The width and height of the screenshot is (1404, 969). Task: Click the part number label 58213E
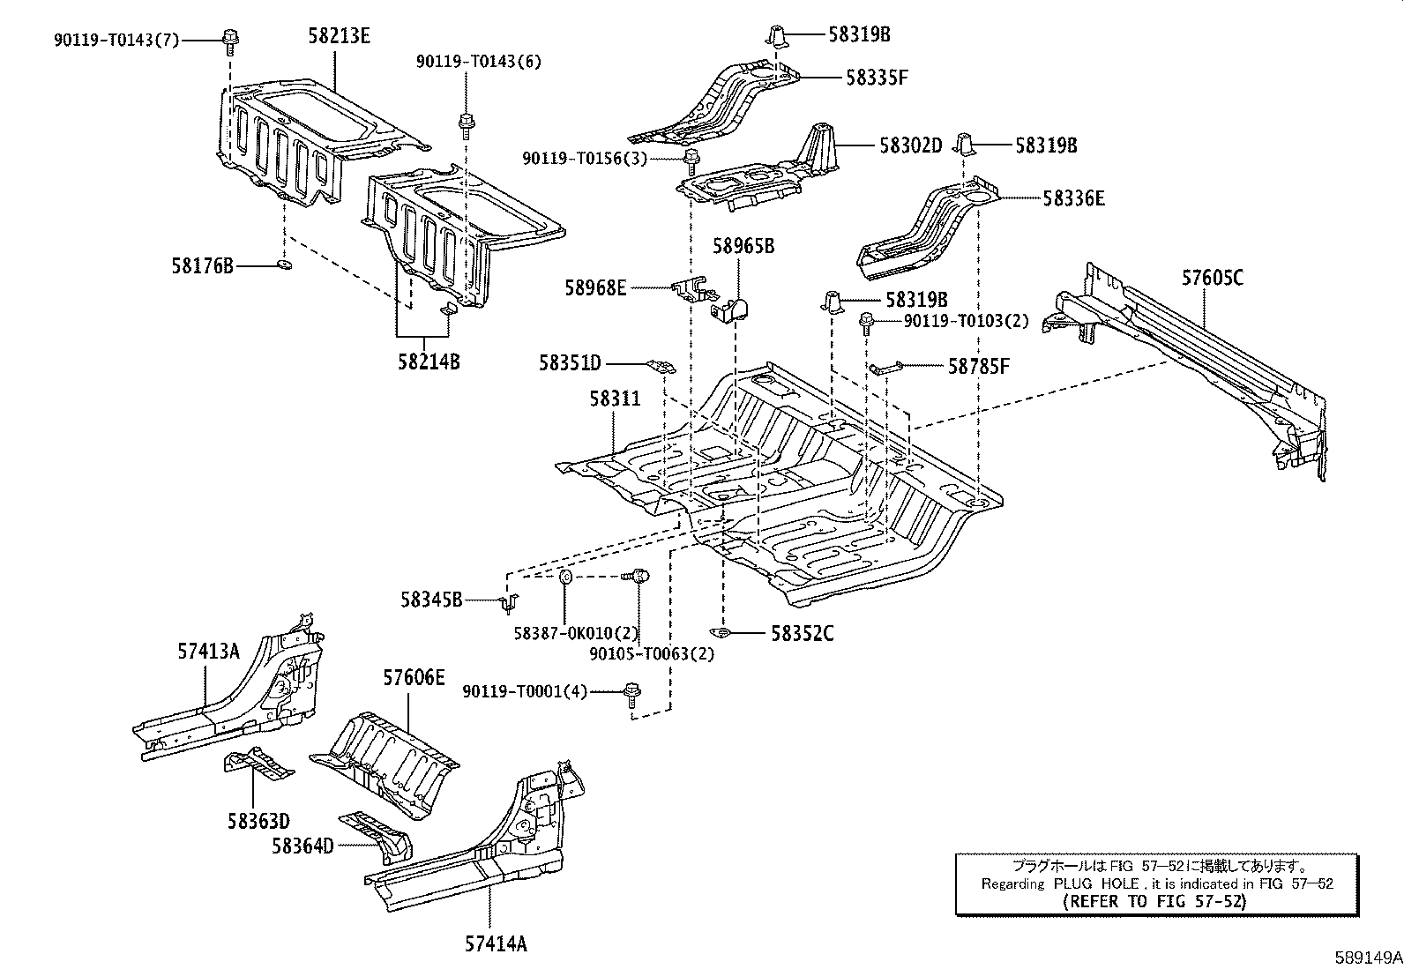[339, 36]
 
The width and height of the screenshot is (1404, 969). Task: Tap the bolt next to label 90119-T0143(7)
[229, 40]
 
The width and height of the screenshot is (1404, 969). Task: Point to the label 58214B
[429, 362]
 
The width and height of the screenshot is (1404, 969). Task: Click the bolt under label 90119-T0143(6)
[466, 125]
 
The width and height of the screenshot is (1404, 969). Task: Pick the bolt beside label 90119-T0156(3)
[691, 161]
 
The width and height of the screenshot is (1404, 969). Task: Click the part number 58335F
[877, 78]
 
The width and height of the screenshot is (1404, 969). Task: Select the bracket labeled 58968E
[694, 289]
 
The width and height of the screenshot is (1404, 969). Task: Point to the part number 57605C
[1213, 278]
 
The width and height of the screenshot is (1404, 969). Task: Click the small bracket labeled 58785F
[885, 369]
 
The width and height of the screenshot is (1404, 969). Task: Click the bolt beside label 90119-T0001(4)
[631, 695]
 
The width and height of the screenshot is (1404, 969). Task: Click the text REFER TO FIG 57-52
[1154, 901]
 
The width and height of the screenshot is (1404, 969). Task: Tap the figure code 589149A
[1368, 958]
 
